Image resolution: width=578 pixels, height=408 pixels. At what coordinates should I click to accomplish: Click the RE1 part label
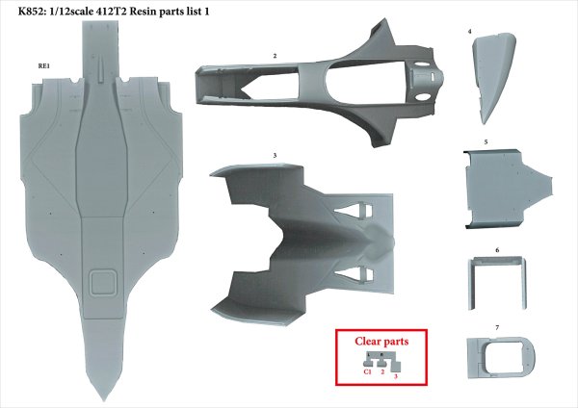tap(43, 66)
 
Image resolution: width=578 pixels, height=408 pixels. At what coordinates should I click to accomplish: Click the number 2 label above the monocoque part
tap(275, 57)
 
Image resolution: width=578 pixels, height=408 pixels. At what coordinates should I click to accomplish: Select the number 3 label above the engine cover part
tap(275, 154)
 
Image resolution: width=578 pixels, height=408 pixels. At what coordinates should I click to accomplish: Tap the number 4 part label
tap(469, 33)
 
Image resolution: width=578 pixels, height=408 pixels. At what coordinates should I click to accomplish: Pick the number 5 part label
tap(486, 142)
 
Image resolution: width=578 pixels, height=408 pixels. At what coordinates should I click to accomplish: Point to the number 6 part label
tap(496, 249)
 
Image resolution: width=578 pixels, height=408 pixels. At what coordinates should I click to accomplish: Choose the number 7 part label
tap(496, 328)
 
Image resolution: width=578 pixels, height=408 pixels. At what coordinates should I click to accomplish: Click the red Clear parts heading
tap(381, 342)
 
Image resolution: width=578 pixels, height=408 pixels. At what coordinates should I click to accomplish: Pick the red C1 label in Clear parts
tap(368, 370)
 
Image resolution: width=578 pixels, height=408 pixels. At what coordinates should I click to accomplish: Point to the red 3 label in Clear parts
tap(395, 376)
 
